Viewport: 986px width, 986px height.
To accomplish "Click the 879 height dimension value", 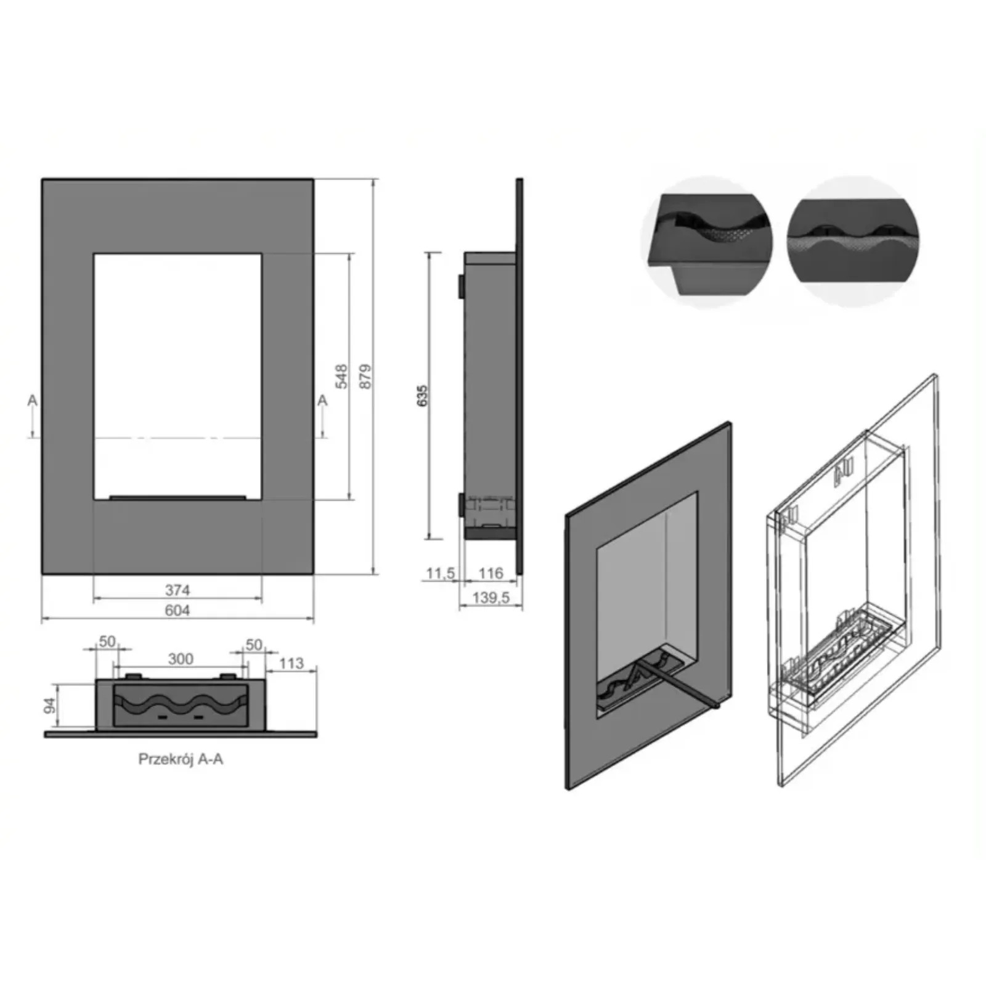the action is pyautogui.click(x=365, y=377).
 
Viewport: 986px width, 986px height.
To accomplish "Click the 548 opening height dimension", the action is pyautogui.click(x=341, y=377).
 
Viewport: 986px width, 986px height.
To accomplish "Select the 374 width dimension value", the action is pyautogui.click(x=177, y=590).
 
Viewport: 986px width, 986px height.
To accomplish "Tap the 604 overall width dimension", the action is pyautogui.click(x=177, y=610).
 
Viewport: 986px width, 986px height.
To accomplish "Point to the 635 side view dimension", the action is pyautogui.click(x=422, y=395).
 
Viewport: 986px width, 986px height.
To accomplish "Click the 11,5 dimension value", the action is pyautogui.click(x=441, y=574).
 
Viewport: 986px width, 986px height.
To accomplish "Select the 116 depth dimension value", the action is pyautogui.click(x=491, y=573).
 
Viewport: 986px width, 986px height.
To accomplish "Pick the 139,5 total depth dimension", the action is pyautogui.click(x=491, y=597).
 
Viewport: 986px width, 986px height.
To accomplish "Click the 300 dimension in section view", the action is pyautogui.click(x=181, y=659).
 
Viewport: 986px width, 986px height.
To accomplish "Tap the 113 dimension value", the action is pyautogui.click(x=291, y=663).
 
